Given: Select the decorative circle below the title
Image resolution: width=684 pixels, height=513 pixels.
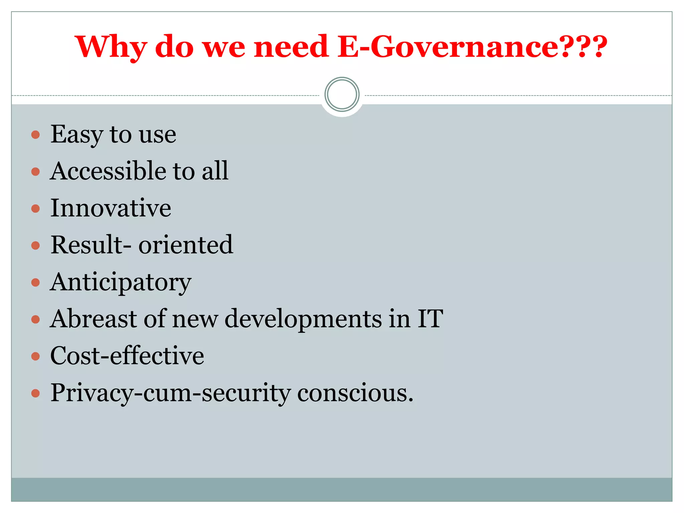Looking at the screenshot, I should click(342, 95).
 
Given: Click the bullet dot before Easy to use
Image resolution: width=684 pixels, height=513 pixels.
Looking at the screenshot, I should click(35, 135).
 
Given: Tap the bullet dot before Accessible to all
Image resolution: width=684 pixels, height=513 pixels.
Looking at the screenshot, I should click(35, 172).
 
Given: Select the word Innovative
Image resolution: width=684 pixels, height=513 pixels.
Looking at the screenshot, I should click(111, 208).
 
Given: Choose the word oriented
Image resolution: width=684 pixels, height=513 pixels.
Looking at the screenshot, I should click(186, 245).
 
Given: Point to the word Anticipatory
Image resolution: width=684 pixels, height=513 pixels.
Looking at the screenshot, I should click(121, 282).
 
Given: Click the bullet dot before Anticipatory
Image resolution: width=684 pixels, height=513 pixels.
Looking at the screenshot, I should click(35, 283).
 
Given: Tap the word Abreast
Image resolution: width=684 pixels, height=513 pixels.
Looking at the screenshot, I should click(94, 319).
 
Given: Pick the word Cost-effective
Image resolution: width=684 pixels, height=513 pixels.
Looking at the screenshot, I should click(127, 356).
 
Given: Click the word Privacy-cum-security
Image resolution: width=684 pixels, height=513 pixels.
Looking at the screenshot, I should click(170, 393).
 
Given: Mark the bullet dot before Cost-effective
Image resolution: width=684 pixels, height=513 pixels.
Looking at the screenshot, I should click(35, 356).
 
